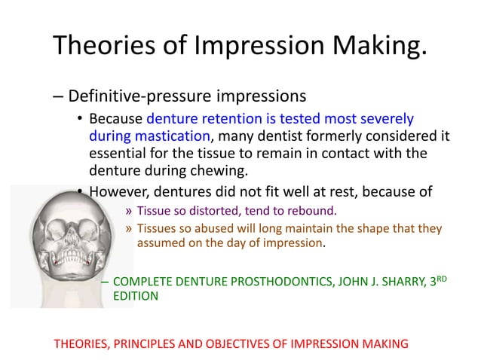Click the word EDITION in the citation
[x=136, y=297]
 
